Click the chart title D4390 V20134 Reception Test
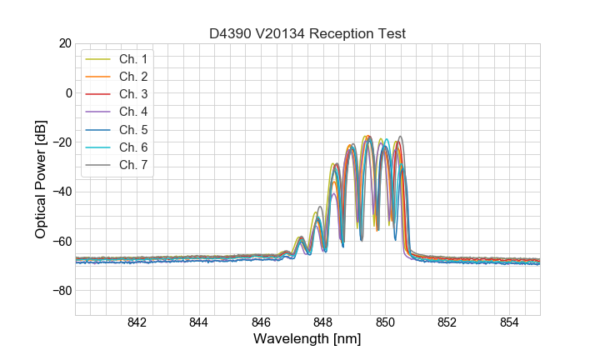pyautogui.click(x=307, y=33)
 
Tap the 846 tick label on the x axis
pyautogui.click(x=261, y=324)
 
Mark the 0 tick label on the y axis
pyautogui.click(x=68, y=92)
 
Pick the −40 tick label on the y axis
pyautogui.click(x=60, y=192)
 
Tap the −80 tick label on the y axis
pyautogui.click(x=60, y=291)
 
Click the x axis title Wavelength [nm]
pyautogui.click(x=307, y=340)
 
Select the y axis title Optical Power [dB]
pyautogui.click(x=41, y=179)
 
